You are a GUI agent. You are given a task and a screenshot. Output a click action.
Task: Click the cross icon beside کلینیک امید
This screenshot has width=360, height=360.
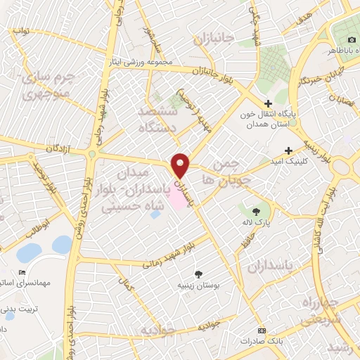point(288,150)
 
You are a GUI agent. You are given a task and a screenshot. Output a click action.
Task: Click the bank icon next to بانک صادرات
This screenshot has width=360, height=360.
point(262,330)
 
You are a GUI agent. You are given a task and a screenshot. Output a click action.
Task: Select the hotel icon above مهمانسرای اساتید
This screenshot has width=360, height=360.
point(22,272)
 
